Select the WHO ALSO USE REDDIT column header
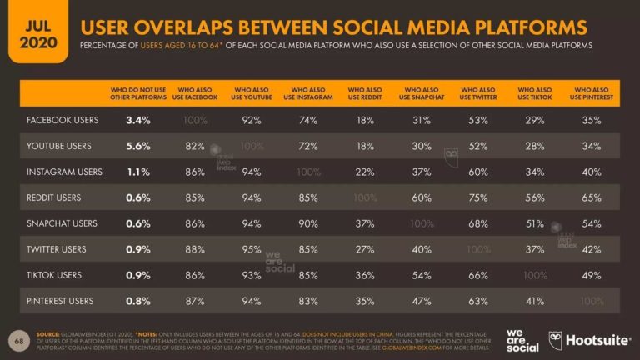point(364,93)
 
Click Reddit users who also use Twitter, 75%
point(478,198)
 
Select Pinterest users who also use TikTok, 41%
point(534,302)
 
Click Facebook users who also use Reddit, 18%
point(364,120)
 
